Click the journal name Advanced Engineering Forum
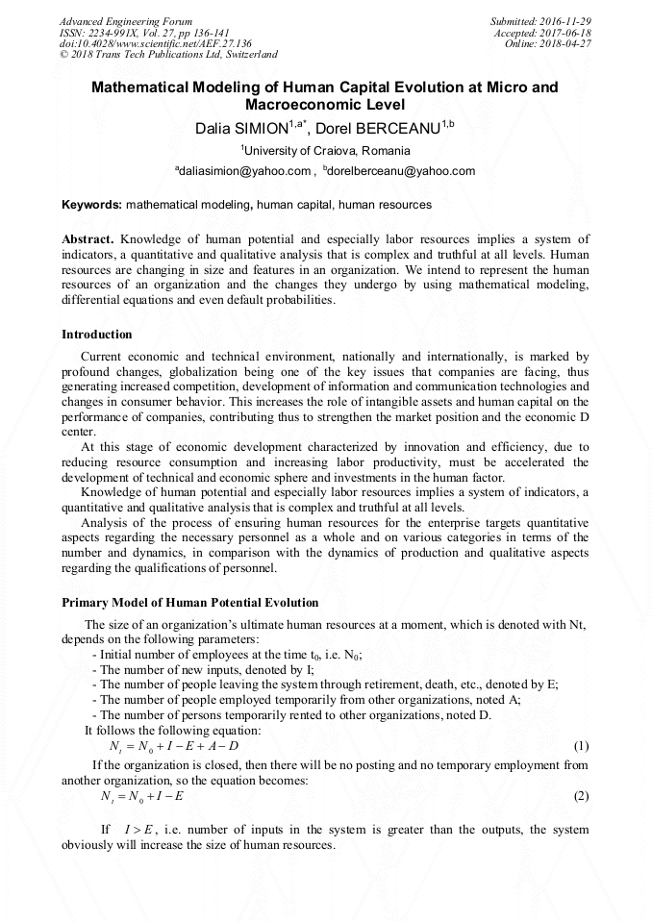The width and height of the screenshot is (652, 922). (125, 21)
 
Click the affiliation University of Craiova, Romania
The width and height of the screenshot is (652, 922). (326, 151)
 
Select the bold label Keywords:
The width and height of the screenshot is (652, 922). (91, 205)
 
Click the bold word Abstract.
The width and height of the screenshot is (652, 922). (88, 238)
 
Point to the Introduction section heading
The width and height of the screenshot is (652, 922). (97, 335)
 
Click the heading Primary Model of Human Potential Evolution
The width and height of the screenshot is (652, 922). (189, 603)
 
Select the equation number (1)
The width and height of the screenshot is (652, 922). (581, 746)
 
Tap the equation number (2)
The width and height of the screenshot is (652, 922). (581, 796)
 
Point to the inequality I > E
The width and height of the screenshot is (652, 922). (139, 830)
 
